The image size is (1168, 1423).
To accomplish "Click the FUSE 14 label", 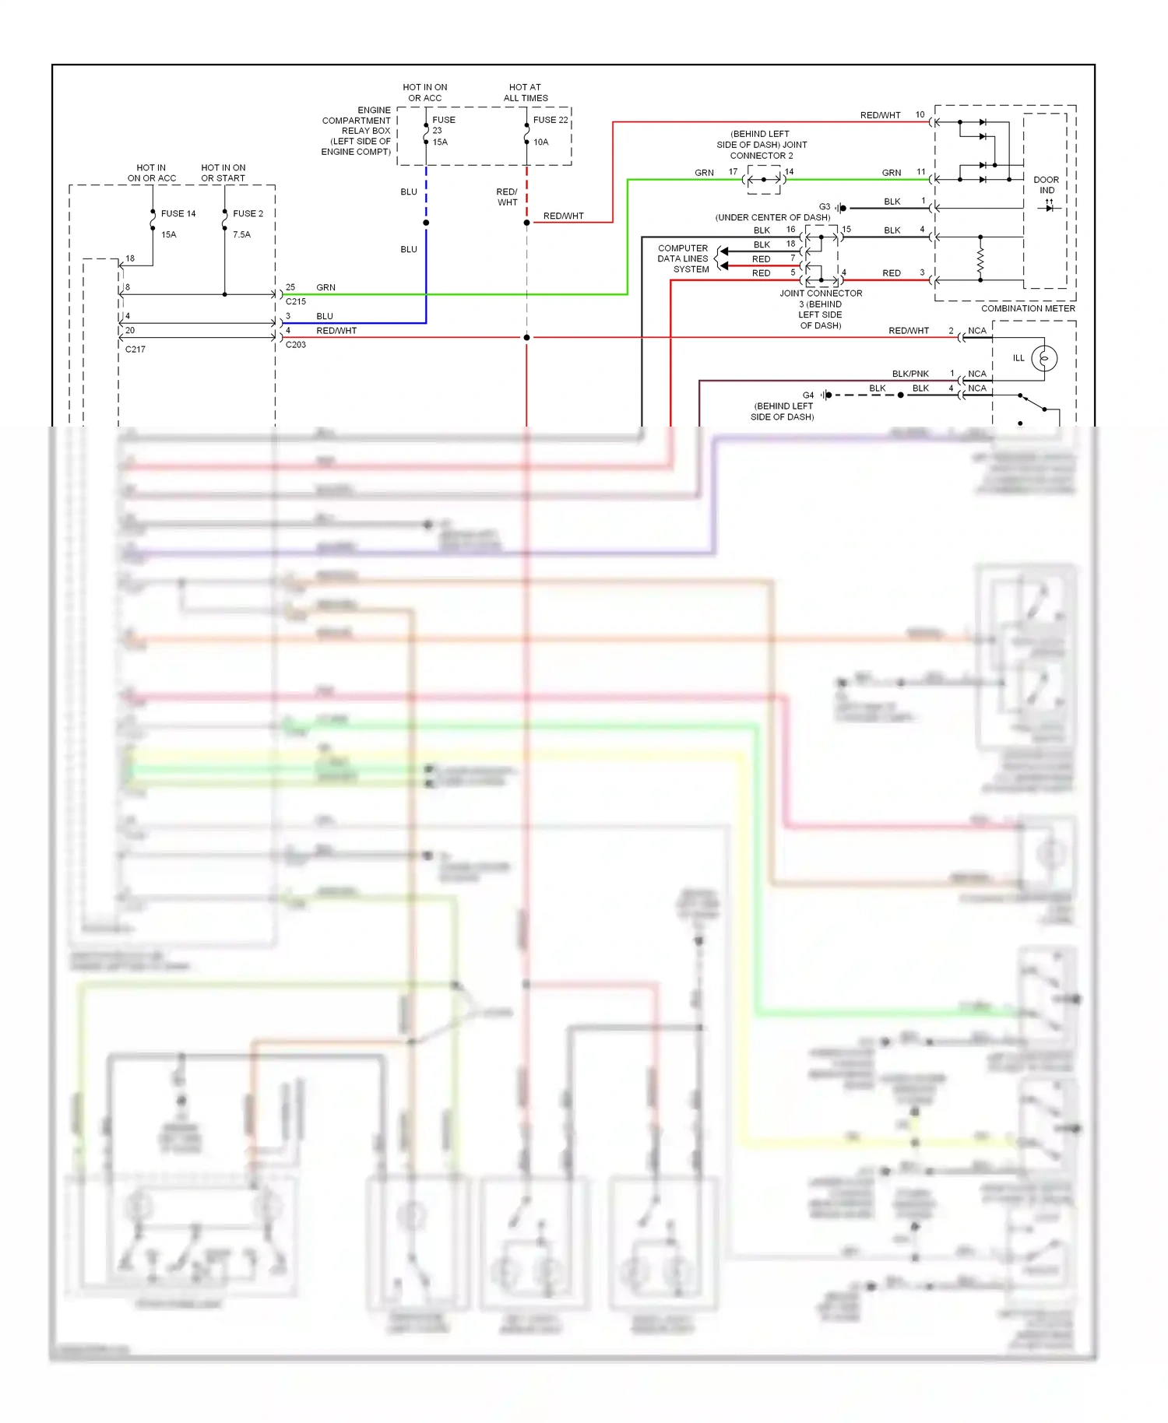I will tap(178, 213).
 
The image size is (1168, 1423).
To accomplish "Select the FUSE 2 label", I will tap(248, 213).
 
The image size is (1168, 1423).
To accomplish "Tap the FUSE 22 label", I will tap(551, 120).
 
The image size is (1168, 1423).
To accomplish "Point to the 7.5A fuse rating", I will tap(241, 234).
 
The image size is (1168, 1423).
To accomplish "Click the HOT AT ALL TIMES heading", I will tap(526, 93).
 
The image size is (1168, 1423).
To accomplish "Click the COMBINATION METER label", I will tap(1028, 308).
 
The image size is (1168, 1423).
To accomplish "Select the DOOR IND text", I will tap(1046, 185).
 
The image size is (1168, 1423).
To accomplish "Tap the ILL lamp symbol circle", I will tap(1044, 358).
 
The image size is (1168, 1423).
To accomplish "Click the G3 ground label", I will tap(824, 207).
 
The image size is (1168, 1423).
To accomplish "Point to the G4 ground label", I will tap(807, 395).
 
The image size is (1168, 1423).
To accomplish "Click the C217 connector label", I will tap(135, 350).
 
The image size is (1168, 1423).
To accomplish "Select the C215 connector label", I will tap(296, 301).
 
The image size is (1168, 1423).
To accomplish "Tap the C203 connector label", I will tap(296, 345).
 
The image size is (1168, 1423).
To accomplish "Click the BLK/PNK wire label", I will tap(909, 374).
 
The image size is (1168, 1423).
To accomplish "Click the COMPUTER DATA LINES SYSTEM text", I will tap(683, 258).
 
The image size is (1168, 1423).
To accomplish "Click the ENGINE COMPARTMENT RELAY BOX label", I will tap(357, 131).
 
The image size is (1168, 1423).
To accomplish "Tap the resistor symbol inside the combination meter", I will tap(980, 258).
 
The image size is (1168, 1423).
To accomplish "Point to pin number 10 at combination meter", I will tap(920, 114).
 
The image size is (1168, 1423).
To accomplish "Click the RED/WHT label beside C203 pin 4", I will tap(336, 331).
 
